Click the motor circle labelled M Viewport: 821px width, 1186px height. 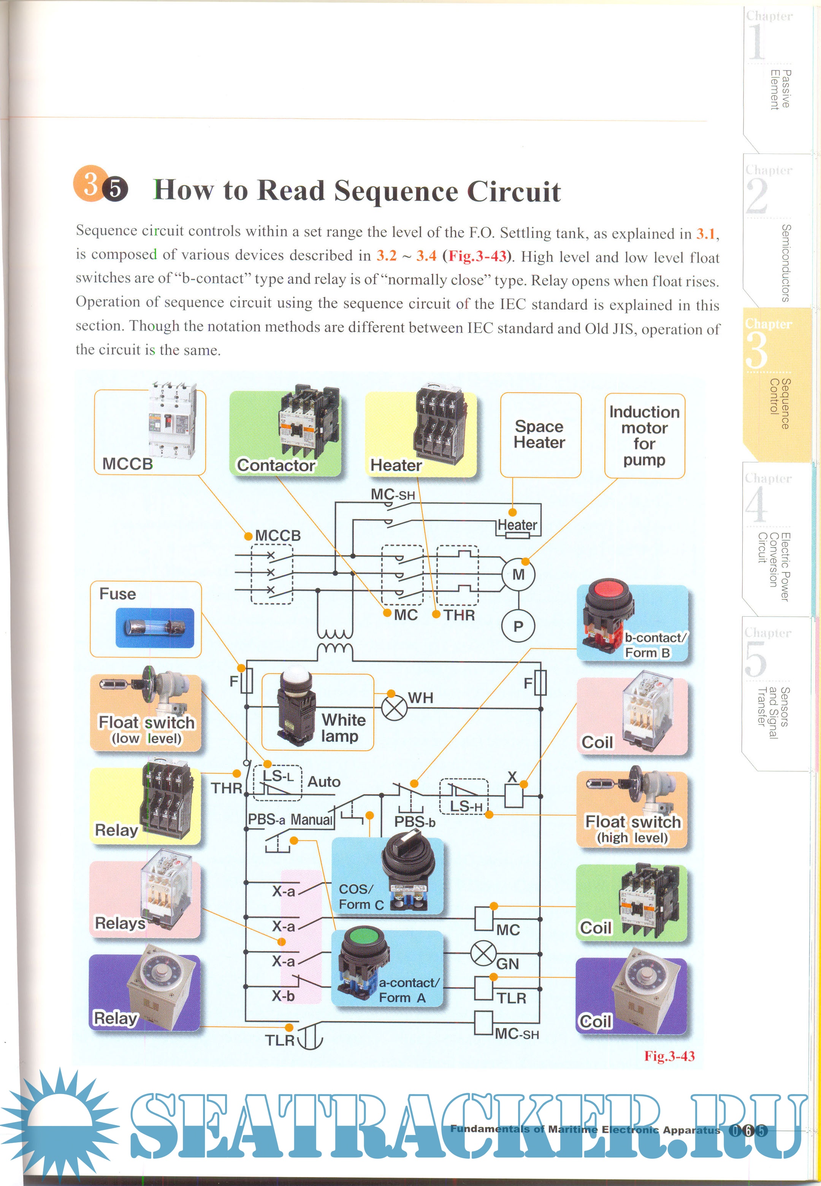(518, 574)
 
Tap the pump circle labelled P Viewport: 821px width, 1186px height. (518, 626)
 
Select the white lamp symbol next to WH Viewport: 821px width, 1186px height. (394, 708)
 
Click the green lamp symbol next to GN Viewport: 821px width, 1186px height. (483, 953)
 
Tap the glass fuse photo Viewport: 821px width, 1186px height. (155, 628)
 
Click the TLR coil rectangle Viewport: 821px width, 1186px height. (483, 988)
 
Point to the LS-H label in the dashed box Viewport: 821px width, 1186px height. (466, 806)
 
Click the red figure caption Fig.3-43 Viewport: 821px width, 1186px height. (669, 1056)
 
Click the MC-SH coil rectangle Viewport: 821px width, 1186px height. (483, 1023)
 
